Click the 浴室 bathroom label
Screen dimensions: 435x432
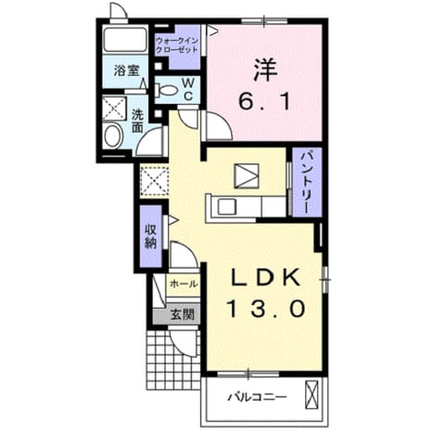(x=126, y=71)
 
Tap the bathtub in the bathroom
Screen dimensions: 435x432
(x=125, y=40)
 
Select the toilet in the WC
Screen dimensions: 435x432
(x=166, y=91)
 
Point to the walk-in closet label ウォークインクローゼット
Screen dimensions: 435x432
(x=177, y=45)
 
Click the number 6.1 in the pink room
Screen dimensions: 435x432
(x=264, y=102)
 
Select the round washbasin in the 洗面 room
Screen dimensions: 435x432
(x=113, y=136)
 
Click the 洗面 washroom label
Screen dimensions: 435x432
(x=137, y=121)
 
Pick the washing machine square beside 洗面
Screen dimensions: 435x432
(x=114, y=108)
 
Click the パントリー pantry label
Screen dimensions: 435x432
(x=307, y=184)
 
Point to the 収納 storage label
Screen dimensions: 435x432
(x=150, y=236)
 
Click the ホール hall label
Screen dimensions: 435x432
(x=184, y=284)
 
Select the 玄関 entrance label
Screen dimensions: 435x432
(x=183, y=314)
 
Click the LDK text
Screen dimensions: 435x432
(x=266, y=277)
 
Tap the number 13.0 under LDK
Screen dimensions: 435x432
(x=266, y=309)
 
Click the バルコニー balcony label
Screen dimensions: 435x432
(x=257, y=397)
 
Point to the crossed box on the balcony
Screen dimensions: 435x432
(x=312, y=395)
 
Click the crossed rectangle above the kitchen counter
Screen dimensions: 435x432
(x=247, y=176)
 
